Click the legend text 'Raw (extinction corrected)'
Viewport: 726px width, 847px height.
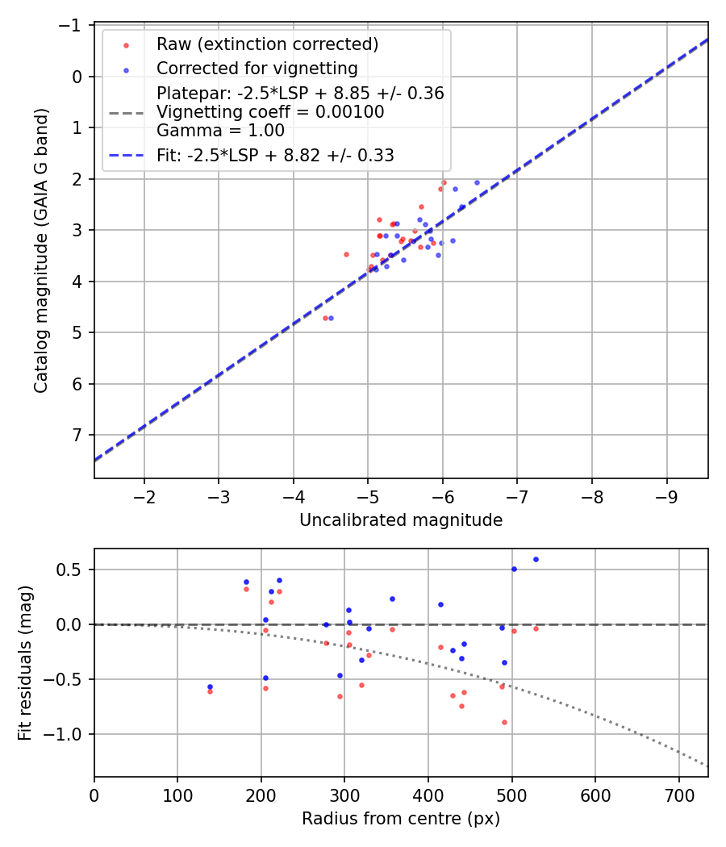267,44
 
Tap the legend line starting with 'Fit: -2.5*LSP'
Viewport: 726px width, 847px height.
275,156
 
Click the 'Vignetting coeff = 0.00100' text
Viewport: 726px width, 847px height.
270,112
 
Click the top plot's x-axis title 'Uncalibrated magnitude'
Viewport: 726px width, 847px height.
401,520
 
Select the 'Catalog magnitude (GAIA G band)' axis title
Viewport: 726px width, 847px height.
41,250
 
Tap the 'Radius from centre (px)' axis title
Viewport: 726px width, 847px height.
401,819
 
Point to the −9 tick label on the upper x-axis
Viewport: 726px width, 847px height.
666,495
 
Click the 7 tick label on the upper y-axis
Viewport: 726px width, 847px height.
77,436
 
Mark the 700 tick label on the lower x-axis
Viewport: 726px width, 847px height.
678,794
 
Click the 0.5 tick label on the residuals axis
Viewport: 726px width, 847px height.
75,570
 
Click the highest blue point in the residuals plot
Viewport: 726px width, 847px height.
536,559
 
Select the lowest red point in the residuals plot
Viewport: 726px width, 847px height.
504,722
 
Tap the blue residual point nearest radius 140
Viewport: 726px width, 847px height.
210,686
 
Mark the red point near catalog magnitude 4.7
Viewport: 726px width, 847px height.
325,318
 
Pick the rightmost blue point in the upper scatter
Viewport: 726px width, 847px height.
477,182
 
